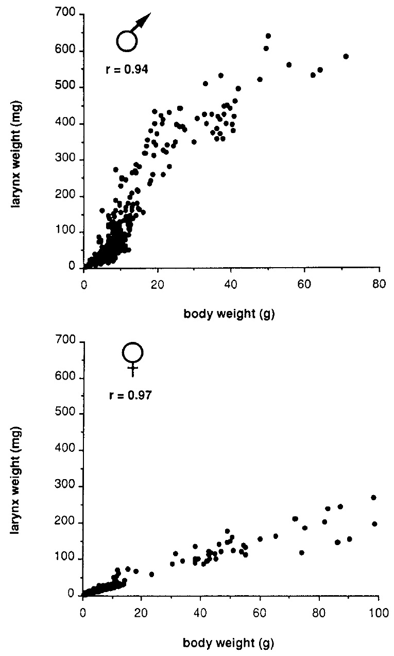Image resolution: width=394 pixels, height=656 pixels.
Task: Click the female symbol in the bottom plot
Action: pos(133,358)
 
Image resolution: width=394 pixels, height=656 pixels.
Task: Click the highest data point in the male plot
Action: pos(268,36)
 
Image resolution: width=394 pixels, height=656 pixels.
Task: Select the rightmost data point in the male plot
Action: pos(346,56)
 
